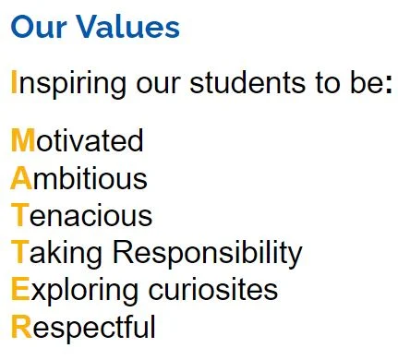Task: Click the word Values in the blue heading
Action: click(127, 27)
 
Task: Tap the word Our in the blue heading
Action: click(39, 27)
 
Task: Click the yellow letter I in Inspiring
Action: click(14, 82)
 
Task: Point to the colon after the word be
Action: click(389, 86)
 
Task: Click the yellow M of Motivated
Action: click(23, 140)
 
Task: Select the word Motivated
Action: click(78, 140)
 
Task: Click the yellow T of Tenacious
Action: click(20, 215)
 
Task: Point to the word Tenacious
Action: click(81, 215)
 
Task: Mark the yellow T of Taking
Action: click(20, 252)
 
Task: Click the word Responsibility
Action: click(208, 254)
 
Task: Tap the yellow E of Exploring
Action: click(20, 289)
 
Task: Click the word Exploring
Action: click(74, 292)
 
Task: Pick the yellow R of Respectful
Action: click(21, 327)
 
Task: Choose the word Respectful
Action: click(83, 329)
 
